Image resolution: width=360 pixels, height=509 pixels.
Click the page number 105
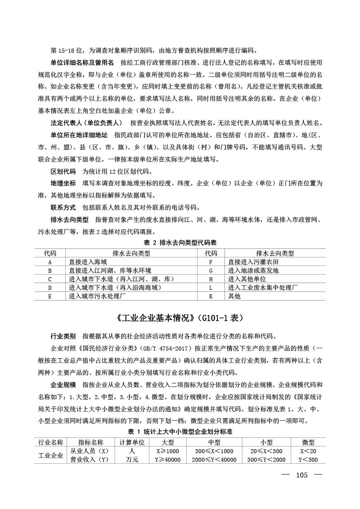pos(301,475)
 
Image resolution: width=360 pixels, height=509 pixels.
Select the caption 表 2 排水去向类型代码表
pos(180,242)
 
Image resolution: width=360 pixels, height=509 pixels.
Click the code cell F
pos(211,262)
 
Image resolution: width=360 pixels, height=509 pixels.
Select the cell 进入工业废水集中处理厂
pos(263,288)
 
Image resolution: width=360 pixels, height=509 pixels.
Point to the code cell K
pos(211,296)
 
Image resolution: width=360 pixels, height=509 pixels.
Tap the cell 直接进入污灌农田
pos(254,262)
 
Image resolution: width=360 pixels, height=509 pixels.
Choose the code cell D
pos(50,288)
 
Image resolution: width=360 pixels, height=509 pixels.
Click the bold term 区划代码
pos(63,172)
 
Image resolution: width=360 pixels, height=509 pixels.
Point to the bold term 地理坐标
pos(63,184)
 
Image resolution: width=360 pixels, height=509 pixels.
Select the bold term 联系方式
pos(63,207)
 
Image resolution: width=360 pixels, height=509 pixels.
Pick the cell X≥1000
pos(167,451)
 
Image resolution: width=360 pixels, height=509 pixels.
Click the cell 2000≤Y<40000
pos(214,459)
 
